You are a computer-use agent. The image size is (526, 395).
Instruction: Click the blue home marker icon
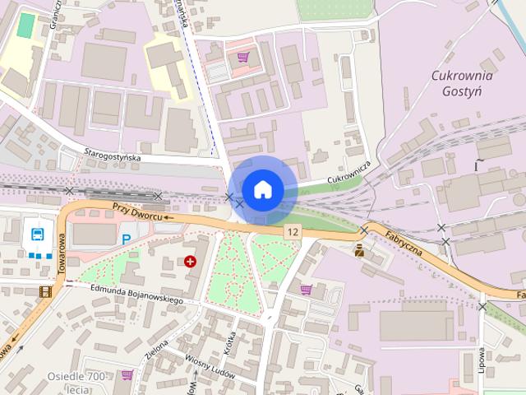[262, 190]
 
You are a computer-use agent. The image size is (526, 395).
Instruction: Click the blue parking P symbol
[126, 239]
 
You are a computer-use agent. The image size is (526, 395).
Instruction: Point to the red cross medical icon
[191, 261]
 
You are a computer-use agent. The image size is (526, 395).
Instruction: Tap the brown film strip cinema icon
[44, 290]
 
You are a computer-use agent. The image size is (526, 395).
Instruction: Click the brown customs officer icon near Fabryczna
[359, 251]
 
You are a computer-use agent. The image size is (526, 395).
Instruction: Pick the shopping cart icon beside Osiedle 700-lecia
[127, 374]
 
